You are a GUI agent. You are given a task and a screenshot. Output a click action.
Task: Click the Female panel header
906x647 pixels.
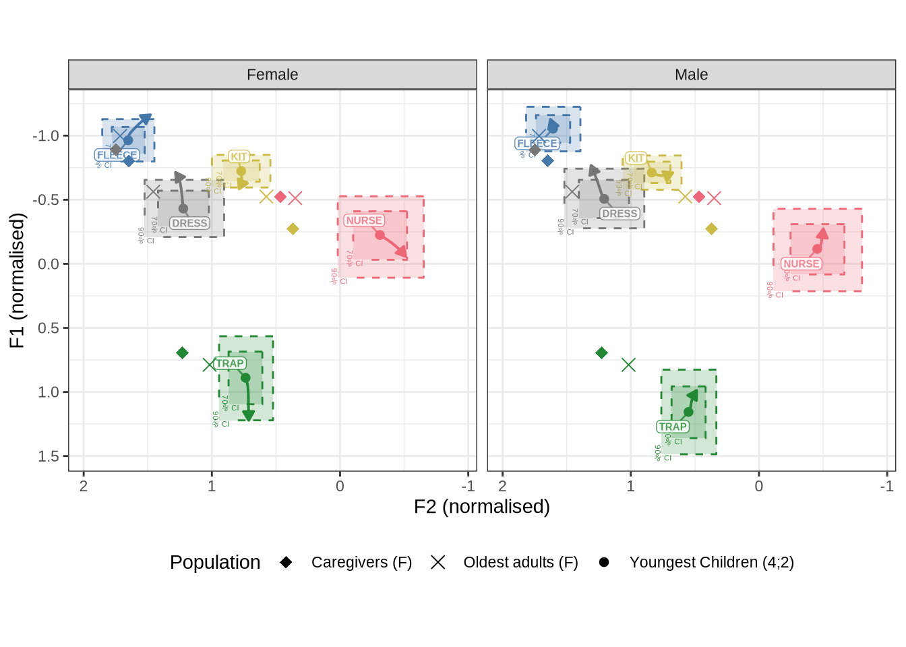pos(272,75)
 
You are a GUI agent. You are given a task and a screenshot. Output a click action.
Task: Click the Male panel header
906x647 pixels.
pos(691,75)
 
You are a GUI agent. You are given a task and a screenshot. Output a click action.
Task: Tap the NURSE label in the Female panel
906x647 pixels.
pos(364,220)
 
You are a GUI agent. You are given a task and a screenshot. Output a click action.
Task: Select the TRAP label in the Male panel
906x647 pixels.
pos(673,427)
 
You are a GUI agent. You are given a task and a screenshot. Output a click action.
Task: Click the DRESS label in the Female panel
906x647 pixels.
pos(189,223)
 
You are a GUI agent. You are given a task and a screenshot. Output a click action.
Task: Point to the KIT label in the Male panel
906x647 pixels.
pos(636,158)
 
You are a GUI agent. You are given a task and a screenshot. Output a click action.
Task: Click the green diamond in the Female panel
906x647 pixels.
pos(182,353)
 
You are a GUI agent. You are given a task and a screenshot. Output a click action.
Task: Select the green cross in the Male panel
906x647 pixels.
pos(628,365)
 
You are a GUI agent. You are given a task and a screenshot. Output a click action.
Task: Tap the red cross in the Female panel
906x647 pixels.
pos(295,197)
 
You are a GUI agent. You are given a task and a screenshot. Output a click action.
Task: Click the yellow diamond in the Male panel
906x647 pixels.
pos(711,229)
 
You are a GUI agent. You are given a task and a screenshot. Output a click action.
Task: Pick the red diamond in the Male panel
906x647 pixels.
pos(699,197)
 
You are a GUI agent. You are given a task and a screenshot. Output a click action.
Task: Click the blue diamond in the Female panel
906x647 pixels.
pos(129,161)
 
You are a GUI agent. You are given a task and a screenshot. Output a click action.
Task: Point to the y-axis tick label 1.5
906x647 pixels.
pos(49,456)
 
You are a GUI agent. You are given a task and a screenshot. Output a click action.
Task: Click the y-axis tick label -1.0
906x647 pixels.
pos(46,135)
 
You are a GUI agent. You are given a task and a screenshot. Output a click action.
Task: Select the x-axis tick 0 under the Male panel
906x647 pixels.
pos(759,486)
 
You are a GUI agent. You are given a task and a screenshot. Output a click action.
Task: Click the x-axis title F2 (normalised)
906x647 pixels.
pos(481,507)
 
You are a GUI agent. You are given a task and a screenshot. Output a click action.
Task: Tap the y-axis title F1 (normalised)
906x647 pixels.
pos(17,280)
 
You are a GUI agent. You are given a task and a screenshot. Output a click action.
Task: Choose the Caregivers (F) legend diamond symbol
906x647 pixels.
pos(286,562)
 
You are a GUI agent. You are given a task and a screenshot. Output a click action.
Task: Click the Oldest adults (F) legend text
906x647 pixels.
pos(520,562)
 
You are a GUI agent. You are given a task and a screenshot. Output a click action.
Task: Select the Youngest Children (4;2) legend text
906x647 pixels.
pos(711,562)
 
